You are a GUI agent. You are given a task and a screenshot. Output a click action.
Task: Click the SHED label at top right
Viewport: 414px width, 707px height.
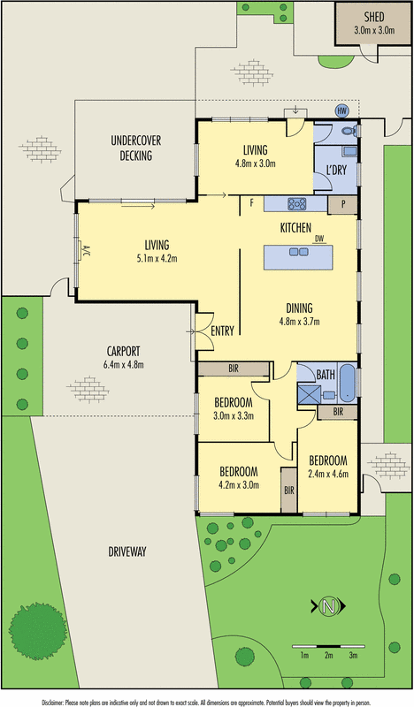coord(372,17)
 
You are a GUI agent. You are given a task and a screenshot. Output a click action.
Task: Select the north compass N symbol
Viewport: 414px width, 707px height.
coord(328,607)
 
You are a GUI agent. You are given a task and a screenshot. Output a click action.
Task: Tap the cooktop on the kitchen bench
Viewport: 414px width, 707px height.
coord(296,204)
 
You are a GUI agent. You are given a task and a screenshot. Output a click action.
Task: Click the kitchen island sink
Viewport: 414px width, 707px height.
coord(299,252)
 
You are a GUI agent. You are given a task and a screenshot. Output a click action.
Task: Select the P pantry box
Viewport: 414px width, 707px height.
coord(342,204)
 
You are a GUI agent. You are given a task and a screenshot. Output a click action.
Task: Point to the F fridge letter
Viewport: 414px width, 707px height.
coord(253,204)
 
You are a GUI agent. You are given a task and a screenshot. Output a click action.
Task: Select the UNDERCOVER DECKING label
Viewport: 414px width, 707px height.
coord(132,148)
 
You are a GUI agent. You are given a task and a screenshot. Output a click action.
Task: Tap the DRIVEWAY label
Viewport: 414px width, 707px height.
coord(126,551)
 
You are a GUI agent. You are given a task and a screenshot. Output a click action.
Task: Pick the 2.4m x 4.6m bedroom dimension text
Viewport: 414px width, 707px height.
coord(327,474)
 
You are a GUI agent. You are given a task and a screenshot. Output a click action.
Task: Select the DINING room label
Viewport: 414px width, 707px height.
coord(298,308)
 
